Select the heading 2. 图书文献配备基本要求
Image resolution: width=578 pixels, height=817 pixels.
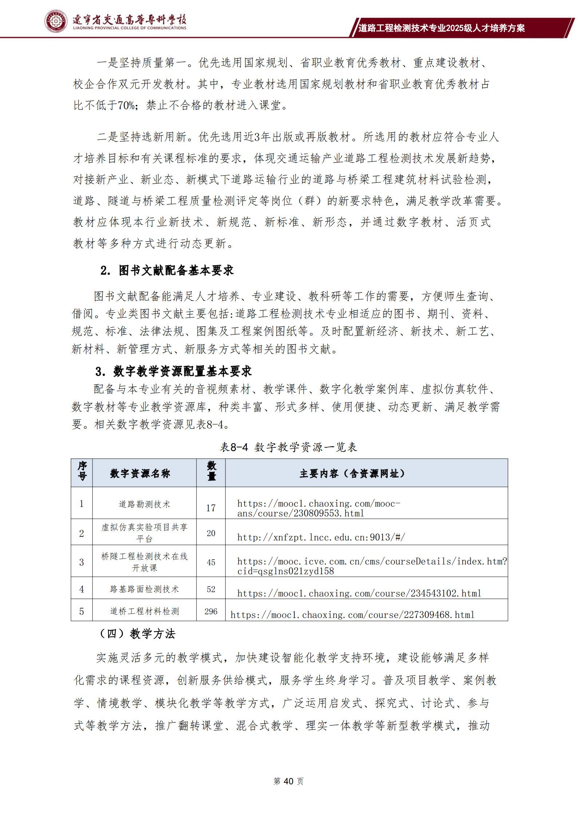point(167,271)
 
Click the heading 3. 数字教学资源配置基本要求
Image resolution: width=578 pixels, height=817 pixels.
point(174,372)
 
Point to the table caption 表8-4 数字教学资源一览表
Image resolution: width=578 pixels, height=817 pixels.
point(288,447)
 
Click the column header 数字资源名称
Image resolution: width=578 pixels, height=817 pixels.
point(140,473)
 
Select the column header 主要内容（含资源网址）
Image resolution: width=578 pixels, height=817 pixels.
point(352,473)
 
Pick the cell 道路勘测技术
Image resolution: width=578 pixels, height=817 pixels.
point(144,504)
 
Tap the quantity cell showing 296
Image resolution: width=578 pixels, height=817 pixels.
point(211,611)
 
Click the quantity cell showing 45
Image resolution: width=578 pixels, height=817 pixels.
point(211,562)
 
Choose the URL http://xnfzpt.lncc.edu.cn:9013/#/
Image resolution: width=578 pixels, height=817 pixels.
point(321,538)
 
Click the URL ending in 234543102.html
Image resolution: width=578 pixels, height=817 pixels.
point(359,593)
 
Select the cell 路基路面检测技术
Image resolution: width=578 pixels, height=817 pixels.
point(144,589)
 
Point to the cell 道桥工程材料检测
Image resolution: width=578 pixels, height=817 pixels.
point(144,611)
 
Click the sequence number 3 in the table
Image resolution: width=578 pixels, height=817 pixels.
point(82,562)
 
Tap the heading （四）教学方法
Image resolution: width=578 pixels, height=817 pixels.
point(137,634)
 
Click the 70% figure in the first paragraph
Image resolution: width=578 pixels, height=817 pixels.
point(126,106)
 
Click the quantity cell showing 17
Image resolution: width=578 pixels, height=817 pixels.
point(211,508)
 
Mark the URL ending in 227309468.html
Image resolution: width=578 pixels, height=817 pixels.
point(352,615)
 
